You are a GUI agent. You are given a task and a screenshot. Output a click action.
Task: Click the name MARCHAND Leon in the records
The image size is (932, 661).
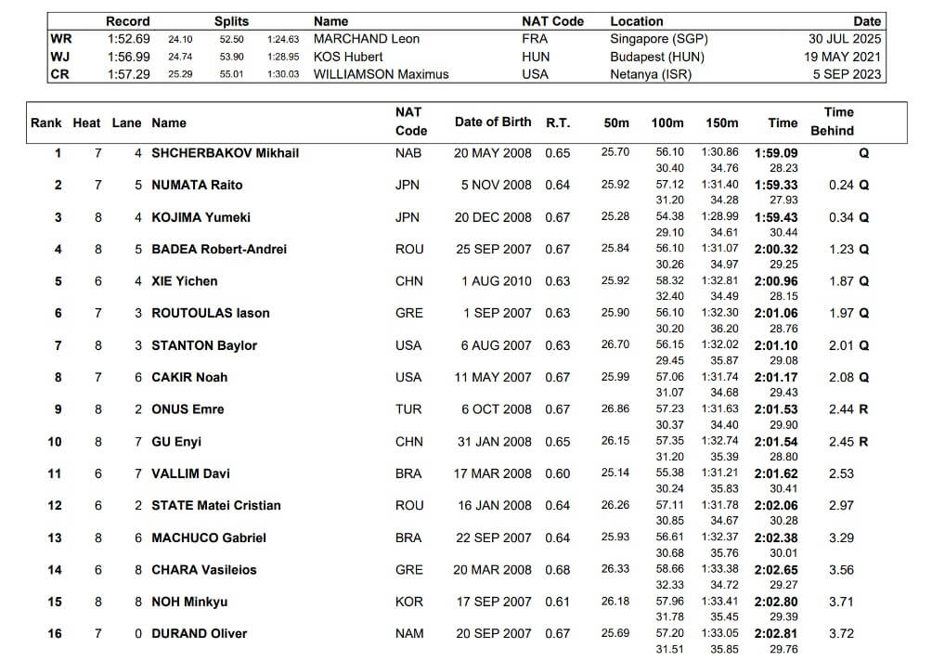pyautogui.click(x=366, y=39)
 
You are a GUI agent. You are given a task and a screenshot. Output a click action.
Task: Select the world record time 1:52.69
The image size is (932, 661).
pyautogui.click(x=127, y=39)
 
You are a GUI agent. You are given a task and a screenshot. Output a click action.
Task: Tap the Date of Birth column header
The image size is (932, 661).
pyautogui.click(x=493, y=122)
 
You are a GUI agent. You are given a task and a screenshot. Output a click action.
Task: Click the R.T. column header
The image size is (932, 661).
pyautogui.click(x=558, y=122)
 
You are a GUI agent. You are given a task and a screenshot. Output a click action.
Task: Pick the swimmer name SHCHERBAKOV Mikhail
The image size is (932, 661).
pyautogui.click(x=226, y=152)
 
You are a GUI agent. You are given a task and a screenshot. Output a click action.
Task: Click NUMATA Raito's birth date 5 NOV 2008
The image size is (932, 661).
pyautogui.click(x=497, y=185)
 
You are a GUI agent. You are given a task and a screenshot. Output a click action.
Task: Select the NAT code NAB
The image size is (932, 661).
pyautogui.click(x=409, y=152)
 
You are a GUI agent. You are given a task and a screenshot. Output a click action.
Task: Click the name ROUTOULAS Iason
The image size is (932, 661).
pyautogui.click(x=211, y=313)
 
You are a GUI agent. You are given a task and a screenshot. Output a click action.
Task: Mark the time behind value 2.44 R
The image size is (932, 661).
pyautogui.click(x=848, y=409)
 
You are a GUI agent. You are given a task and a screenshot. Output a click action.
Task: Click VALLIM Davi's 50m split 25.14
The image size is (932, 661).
pyautogui.click(x=615, y=473)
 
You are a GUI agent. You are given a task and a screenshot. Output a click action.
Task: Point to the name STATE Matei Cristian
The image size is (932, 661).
pyautogui.click(x=216, y=505)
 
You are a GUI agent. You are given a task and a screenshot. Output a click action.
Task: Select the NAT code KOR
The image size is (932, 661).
pyautogui.click(x=409, y=602)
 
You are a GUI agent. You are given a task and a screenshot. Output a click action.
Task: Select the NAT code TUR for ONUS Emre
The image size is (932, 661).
pyautogui.click(x=408, y=409)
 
